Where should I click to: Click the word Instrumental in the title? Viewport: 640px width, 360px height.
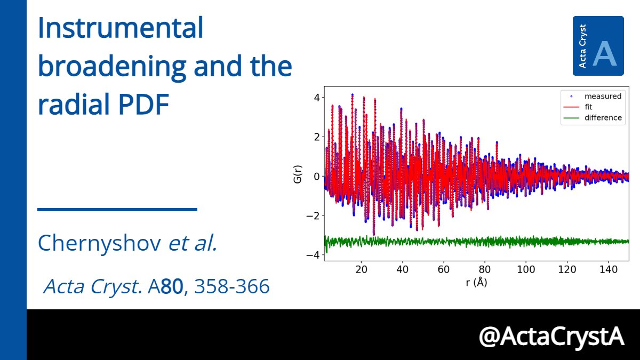120,29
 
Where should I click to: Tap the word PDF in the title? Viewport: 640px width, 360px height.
143,105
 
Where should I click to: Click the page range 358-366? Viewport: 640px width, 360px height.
232,287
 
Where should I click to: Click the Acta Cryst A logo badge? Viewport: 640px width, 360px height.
598,46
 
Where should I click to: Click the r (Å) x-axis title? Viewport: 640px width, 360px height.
476,283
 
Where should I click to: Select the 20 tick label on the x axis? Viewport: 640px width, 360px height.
362,268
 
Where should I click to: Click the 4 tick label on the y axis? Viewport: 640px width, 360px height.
316,98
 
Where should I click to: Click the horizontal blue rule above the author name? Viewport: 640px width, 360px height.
117,210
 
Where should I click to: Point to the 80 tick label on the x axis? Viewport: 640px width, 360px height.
485,268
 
